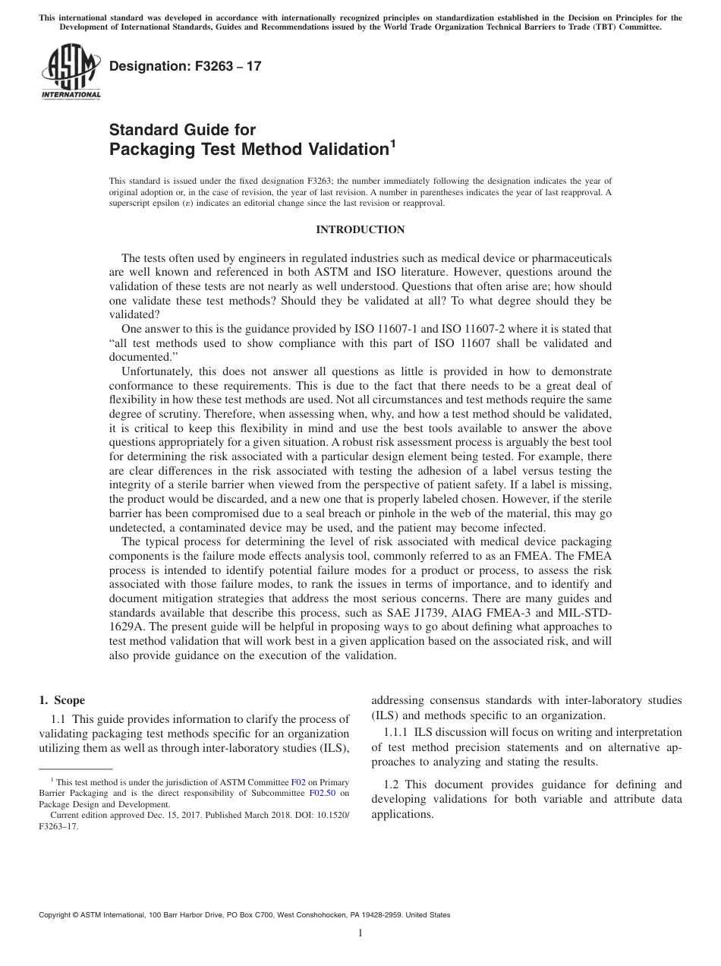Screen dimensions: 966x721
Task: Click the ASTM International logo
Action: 70,73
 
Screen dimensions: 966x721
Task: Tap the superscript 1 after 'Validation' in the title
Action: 392,142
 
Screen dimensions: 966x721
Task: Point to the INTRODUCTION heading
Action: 360,229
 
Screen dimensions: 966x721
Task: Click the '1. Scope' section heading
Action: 62,700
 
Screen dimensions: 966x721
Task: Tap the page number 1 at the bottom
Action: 360,933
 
